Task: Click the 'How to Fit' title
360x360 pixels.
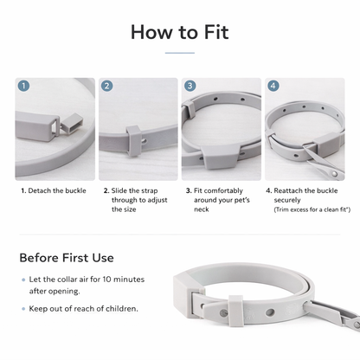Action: point(180,32)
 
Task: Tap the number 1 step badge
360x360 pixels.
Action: point(23,87)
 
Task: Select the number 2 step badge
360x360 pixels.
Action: point(106,87)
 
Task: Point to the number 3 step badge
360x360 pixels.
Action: point(190,87)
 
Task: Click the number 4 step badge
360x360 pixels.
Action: point(273,87)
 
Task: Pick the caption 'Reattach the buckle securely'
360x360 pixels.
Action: point(304,195)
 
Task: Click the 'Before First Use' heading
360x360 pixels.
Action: point(67,257)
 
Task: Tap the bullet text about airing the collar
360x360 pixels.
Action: point(77,285)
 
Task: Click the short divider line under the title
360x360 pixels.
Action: point(180,53)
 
